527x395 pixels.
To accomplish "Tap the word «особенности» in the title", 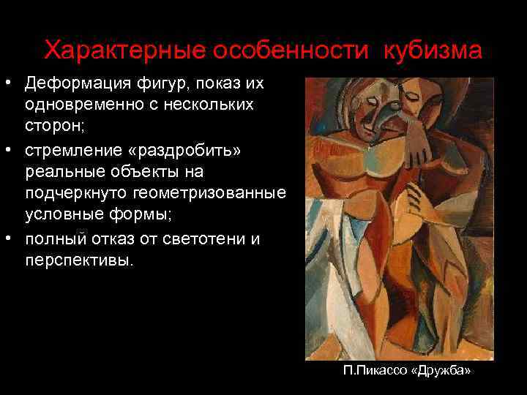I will click(x=288, y=51).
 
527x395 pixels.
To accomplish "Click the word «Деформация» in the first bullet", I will click(x=78, y=83).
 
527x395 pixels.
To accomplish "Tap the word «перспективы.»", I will click(x=80, y=260).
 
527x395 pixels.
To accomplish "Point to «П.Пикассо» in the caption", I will click(x=375, y=371).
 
